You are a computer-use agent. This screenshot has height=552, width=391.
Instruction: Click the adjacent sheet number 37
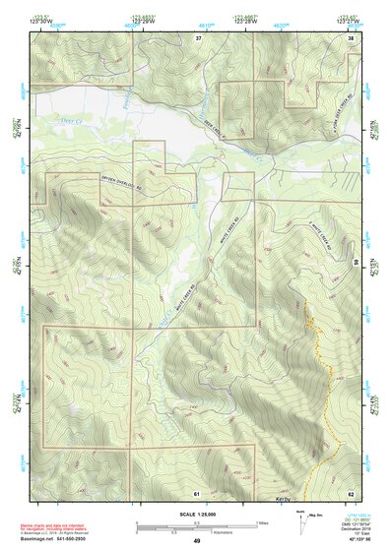coord(198,38)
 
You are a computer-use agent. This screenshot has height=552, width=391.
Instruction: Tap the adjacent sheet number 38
coord(352,38)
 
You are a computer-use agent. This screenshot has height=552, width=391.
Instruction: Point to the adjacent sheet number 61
coord(196,491)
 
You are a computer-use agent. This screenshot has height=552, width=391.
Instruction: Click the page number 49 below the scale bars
coord(196,541)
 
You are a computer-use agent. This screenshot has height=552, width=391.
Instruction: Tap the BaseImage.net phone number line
coord(55,539)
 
